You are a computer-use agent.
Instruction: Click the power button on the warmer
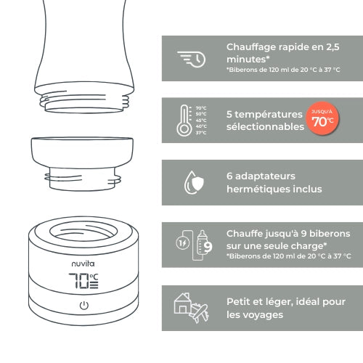click(x=83, y=304)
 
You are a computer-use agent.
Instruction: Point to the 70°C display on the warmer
click(x=83, y=280)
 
